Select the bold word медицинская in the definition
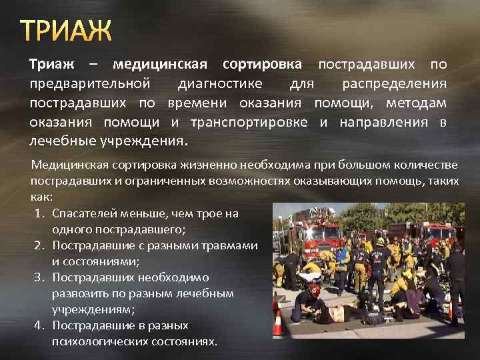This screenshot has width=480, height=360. pos(160,65)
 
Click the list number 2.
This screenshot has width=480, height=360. pos(37,245)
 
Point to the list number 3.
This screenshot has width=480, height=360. pos(37,277)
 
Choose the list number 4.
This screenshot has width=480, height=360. pos(37,325)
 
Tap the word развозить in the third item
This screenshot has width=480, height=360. pos(81,293)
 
